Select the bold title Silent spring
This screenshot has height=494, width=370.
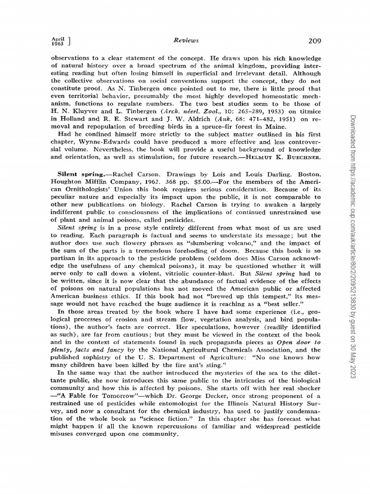pyautogui.click(x=78, y=173)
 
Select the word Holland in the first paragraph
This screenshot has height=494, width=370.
pyautogui.click(x=72, y=118)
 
